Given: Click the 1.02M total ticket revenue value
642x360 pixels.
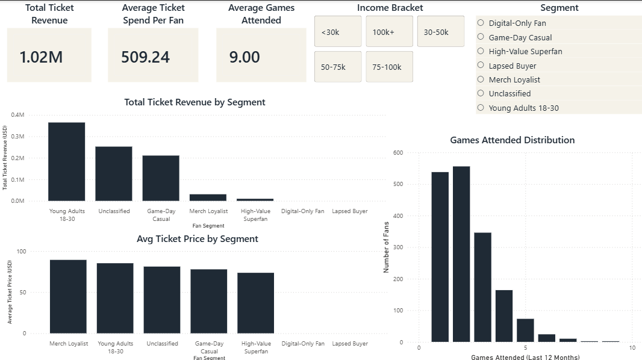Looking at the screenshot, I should pyautogui.click(x=41, y=57).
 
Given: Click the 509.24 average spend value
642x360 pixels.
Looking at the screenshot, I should pyautogui.click(x=145, y=57).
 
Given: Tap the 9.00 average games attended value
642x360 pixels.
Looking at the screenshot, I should pyautogui.click(x=245, y=57).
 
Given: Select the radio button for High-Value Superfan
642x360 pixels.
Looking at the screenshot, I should pyautogui.click(x=481, y=51).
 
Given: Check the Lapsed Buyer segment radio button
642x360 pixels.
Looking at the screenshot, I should pyautogui.click(x=481, y=65).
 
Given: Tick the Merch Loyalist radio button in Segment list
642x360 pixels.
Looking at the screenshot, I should pyautogui.click(x=481, y=79).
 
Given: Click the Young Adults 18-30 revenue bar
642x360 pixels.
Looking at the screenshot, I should pyautogui.click(x=66, y=161).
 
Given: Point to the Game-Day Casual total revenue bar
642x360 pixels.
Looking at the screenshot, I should pyautogui.click(x=161, y=178).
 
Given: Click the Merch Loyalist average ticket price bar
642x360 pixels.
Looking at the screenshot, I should pyautogui.click(x=68, y=296).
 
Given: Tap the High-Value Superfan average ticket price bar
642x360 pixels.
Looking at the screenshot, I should pyautogui.click(x=255, y=303).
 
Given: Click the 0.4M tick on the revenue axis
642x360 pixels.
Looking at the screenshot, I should pyautogui.click(x=18, y=115).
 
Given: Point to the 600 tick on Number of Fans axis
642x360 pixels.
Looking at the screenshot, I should pyautogui.click(x=398, y=153).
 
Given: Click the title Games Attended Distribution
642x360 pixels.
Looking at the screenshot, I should pyautogui.click(x=512, y=140).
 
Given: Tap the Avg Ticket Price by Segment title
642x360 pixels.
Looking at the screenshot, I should pyautogui.click(x=198, y=239).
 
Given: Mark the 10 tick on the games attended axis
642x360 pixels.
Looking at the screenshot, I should pyautogui.click(x=632, y=348).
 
